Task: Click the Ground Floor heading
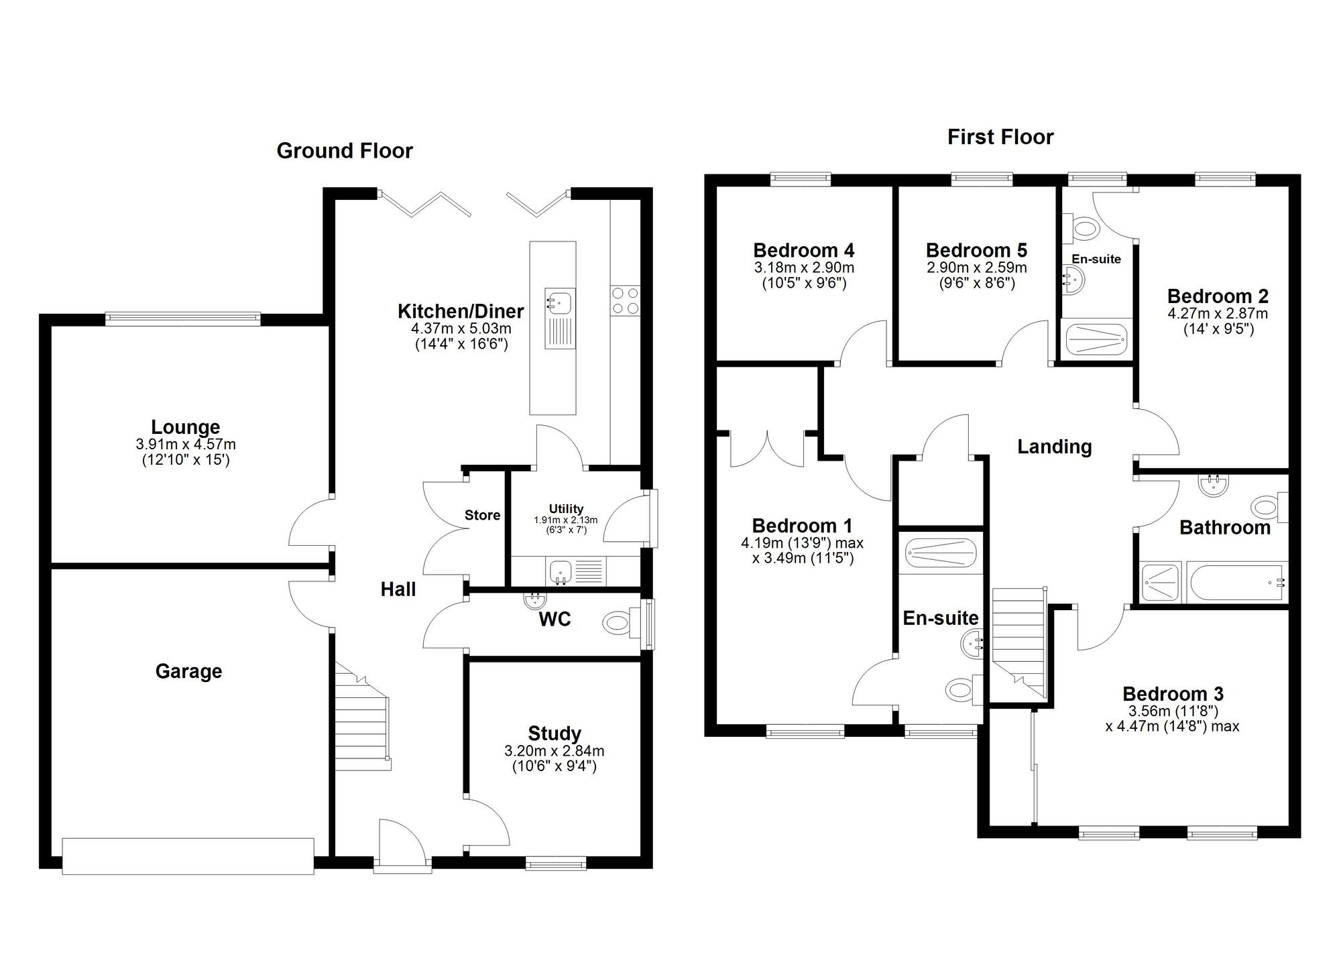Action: [345, 151]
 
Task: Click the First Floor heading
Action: [1000, 137]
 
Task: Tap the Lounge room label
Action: [185, 427]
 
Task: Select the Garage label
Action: [188, 671]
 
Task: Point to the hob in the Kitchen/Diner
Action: [625, 300]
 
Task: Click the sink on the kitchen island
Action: [559, 302]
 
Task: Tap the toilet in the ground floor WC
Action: [618, 623]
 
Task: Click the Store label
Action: [482, 515]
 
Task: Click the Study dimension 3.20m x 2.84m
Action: [554, 751]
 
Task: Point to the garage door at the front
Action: [188, 856]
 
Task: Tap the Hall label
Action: [398, 589]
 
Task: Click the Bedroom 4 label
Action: [803, 251]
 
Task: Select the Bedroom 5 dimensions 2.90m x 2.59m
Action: [976, 268]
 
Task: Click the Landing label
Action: [1054, 447]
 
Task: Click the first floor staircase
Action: [1018, 640]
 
